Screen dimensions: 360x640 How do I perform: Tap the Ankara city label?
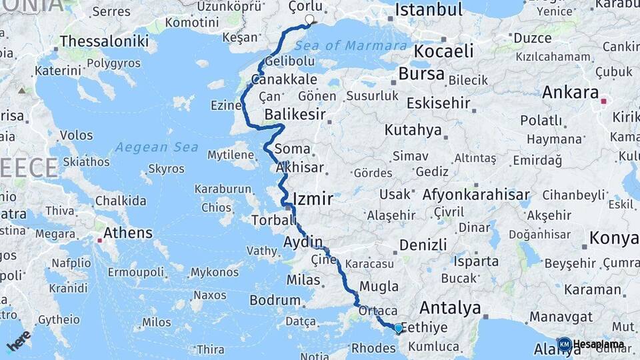coord(570,93)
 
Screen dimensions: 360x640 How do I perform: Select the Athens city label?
coord(128,233)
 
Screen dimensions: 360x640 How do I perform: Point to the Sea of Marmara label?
coord(351,46)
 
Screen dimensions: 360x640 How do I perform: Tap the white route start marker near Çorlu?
coord(309,19)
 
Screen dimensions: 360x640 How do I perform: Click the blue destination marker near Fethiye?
coord(398,327)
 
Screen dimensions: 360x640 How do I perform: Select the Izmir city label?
coord(313,199)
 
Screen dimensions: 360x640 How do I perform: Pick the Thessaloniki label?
coord(104,41)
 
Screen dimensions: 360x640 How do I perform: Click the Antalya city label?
coord(451,308)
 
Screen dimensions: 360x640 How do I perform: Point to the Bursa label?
coord(421,73)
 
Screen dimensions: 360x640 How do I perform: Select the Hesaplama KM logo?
coord(591,345)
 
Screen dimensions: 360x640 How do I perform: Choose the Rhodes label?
coord(373,347)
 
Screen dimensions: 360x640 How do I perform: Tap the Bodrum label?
coord(275,301)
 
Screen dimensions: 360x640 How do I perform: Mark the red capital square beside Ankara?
coord(603,101)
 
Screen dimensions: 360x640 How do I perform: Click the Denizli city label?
coord(423,245)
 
